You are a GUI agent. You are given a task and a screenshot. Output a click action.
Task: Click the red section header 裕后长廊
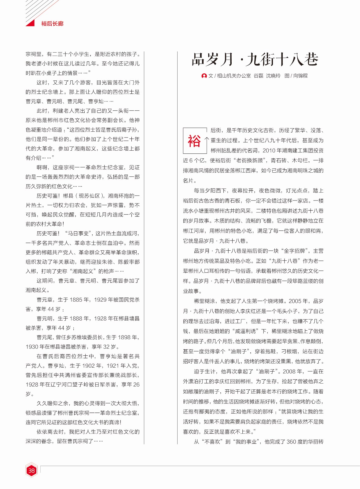pos(52,24)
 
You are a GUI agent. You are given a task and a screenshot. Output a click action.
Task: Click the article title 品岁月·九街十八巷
pos(255,60)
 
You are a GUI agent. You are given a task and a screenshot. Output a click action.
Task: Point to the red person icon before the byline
pos(204,76)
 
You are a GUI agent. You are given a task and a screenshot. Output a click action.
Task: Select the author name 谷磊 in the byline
pos(258,76)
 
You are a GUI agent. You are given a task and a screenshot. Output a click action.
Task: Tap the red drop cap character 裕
pos(194,141)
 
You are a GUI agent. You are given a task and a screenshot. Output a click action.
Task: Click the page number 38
pos(31,470)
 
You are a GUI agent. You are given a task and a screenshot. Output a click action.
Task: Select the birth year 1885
pos(76,300)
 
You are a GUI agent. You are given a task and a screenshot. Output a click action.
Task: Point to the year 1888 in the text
pos(76,318)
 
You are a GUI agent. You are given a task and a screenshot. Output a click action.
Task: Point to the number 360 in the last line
pos(291,442)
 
